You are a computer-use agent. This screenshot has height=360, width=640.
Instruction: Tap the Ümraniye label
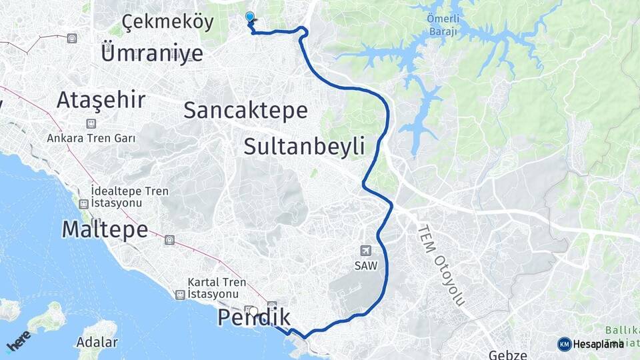click(151, 52)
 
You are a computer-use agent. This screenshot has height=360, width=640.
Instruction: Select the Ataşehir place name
click(101, 100)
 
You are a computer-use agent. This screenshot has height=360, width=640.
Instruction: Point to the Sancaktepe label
click(245, 110)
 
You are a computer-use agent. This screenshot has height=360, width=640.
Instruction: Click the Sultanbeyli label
click(304, 146)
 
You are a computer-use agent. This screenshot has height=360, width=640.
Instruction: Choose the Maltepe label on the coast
click(105, 229)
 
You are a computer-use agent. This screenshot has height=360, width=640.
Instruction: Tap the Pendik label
click(254, 318)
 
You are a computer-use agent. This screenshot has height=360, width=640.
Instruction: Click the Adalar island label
click(97, 343)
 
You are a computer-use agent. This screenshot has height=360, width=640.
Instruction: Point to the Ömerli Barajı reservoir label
click(443, 25)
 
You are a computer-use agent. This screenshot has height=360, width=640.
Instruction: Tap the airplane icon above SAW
click(365, 251)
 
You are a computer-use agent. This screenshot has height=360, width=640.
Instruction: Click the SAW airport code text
click(365, 265)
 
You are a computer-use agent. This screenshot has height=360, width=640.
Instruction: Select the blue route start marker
click(250, 17)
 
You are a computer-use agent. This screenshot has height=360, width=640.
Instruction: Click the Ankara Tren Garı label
click(91, 138)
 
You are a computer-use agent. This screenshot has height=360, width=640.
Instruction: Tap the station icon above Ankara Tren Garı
click(90, 123)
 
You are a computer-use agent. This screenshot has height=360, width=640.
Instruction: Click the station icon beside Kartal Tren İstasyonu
click(179, 294)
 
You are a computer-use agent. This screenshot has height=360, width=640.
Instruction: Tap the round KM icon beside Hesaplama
click(564, 344)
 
